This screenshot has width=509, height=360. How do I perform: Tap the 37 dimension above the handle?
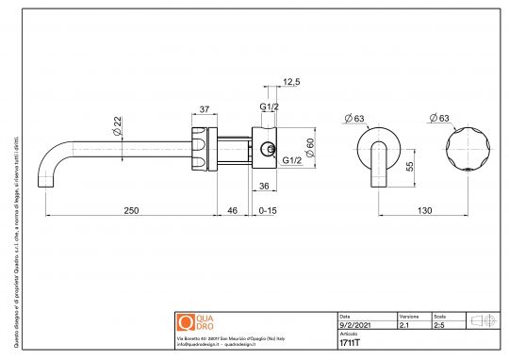[x=204, y=109]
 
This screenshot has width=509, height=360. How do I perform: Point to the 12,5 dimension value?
[x=290, y=82]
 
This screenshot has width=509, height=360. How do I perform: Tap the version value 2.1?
[x=404, y=323]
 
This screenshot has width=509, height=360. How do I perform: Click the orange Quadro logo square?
[x=185, y=321]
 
